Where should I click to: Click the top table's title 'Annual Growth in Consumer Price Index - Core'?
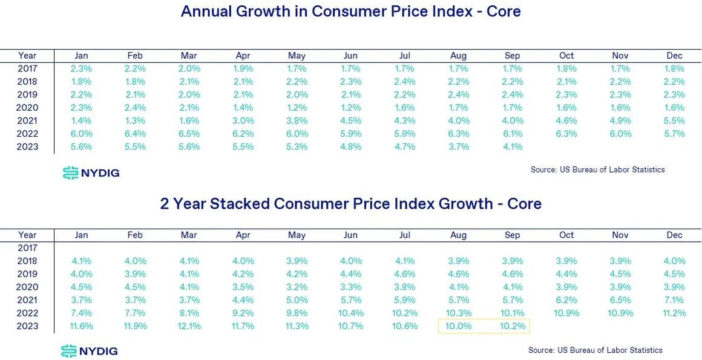click(x=350, y=11)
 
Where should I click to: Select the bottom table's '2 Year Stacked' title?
click(x=350, y=203)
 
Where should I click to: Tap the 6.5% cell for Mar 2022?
click(x=189, y=134)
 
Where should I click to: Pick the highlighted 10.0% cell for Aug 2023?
click(x=459, y=326)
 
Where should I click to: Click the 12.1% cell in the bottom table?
click(x=189, y=326)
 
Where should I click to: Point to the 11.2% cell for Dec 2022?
click(x=674, y=313)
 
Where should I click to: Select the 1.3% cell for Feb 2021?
click(x=135, y=120)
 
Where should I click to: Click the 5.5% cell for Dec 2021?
click(x=674, y=120)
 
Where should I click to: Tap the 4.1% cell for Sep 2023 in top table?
click(x=512, y=146)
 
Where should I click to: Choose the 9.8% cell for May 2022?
click(x=297, y=313)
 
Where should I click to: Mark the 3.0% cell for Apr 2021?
click(x=243, y=120)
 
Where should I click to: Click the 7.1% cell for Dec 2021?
click(x=674, y=300)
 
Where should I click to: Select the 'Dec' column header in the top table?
click(x=674, y=56)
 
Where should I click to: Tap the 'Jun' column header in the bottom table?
click(x=351, y=235)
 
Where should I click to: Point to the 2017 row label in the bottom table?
click(x=28, y=247)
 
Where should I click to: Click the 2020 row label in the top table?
click(x=28, y=108)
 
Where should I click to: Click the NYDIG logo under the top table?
click(x=91, y=173)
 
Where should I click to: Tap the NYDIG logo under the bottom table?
click(x=90, y=351)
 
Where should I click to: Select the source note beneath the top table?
click(x=597, y=170)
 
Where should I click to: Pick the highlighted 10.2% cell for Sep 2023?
click(x=512, y=326)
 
